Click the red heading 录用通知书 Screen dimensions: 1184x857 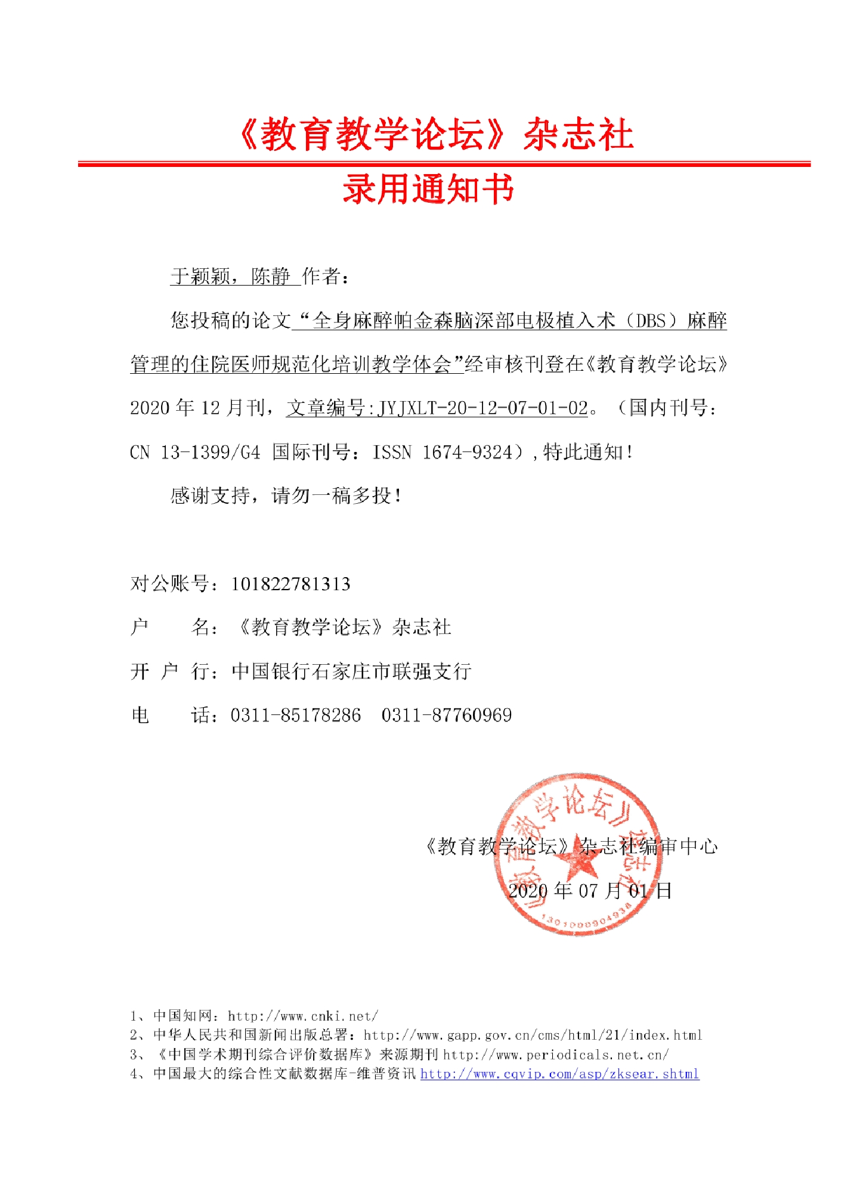(428, 190)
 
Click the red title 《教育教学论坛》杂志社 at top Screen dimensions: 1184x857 (435, 134)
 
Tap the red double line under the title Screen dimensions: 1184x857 (444, 163)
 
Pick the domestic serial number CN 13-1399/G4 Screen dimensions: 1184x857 (195, 452)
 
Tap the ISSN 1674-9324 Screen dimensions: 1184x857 (442, 452)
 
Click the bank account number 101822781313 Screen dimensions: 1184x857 (290, 584)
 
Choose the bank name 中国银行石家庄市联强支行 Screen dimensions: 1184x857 (351, 671)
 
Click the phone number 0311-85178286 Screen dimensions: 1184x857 (296, 715)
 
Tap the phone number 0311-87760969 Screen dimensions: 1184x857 (447, 715)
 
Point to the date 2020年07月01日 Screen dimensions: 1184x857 (590, 891)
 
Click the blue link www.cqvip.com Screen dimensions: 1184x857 (559, 1074)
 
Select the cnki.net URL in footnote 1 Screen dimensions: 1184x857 (302, 1015)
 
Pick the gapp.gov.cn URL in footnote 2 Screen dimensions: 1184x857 (533, 1035)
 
